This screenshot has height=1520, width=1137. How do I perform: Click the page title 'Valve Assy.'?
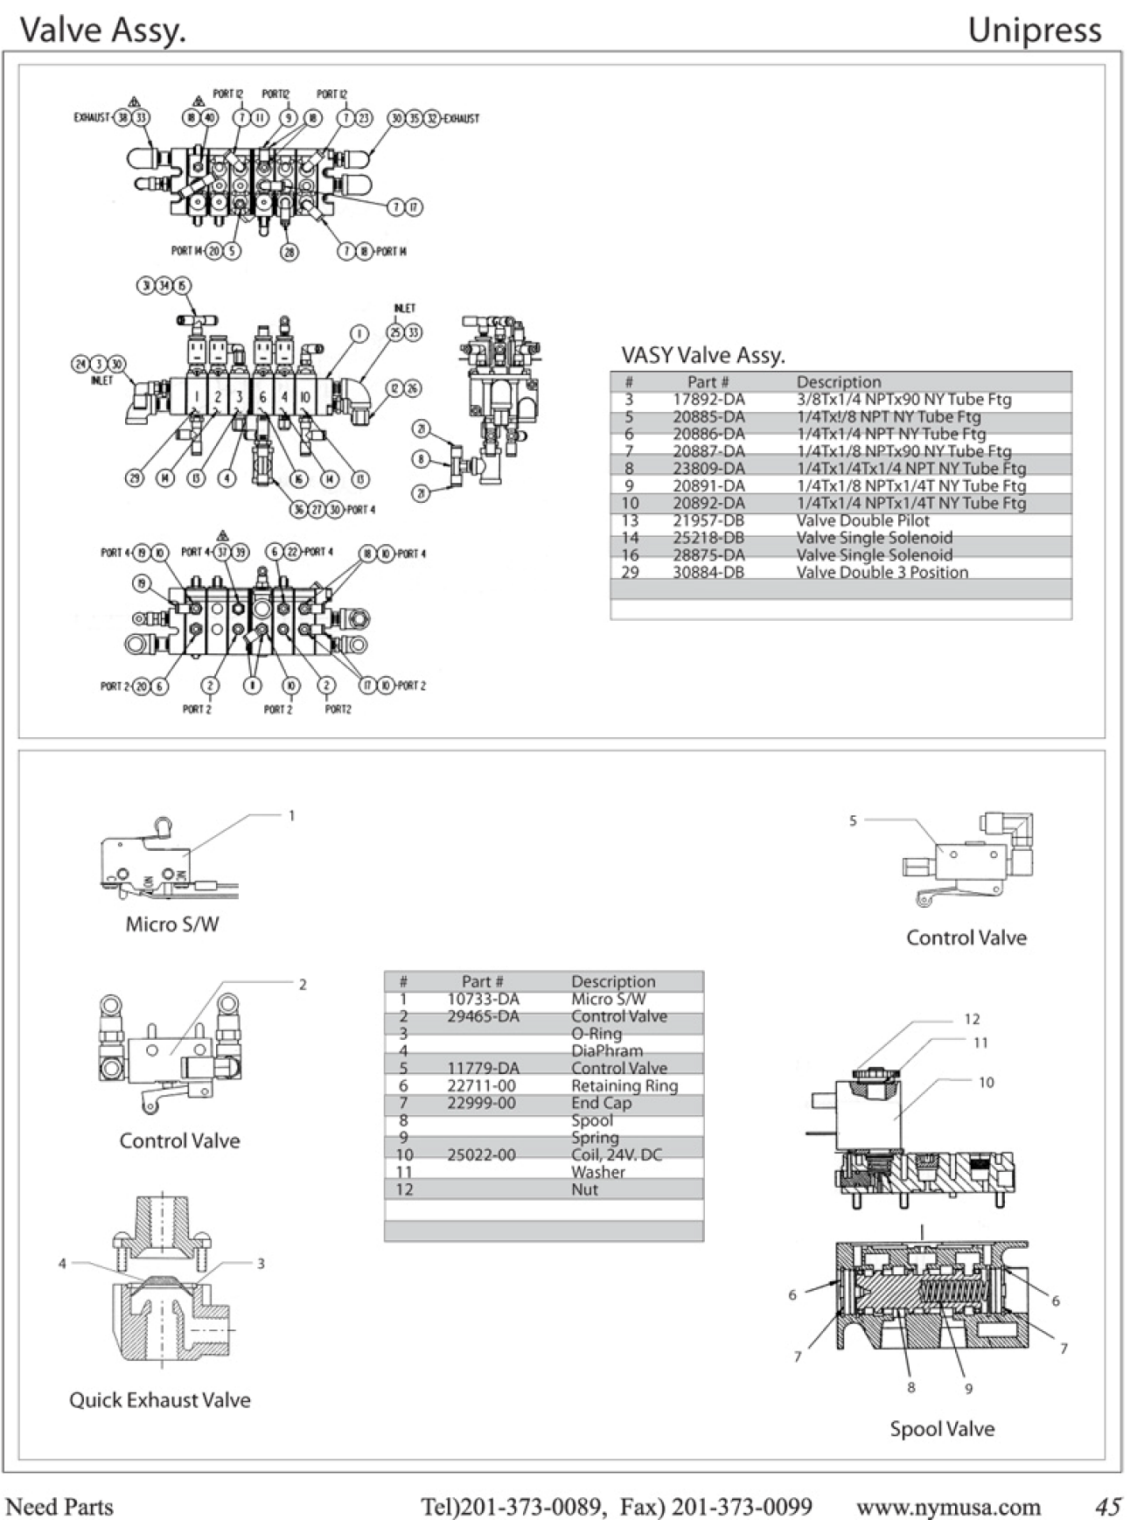(103, 31)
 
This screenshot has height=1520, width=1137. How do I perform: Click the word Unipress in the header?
(1034, 31)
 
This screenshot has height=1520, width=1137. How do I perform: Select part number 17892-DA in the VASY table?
(708, 400)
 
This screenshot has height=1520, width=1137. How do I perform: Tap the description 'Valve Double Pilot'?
(862, 520)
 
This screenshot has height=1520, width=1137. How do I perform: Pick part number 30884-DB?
(708, 573)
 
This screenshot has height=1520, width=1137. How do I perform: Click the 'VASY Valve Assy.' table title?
(703, 355)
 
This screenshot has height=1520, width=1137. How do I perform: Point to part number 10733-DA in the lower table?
(483, 999)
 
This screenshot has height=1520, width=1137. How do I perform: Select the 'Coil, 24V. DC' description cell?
(616, 1154)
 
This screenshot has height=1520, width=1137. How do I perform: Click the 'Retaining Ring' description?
(624, 1085)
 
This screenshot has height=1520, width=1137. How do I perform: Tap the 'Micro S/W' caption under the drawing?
(172, 924)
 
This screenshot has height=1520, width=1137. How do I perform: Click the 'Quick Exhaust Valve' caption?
(160, 1400)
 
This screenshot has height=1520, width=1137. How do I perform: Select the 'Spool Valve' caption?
(942, 1429)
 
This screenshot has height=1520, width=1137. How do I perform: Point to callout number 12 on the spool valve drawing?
(972, 1019)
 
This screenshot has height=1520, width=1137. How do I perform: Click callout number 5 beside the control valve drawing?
(853, 820)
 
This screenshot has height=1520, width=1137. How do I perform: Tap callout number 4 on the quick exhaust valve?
(62, 1263)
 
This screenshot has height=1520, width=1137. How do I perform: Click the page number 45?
(1108, 1507)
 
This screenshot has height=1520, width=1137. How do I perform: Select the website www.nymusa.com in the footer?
(948, 1507)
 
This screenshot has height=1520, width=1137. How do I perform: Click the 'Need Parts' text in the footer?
(59, 1507)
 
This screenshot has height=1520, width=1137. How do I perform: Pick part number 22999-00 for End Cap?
(481, 1103)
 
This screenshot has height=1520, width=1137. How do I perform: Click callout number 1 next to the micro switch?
(292, 815)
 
